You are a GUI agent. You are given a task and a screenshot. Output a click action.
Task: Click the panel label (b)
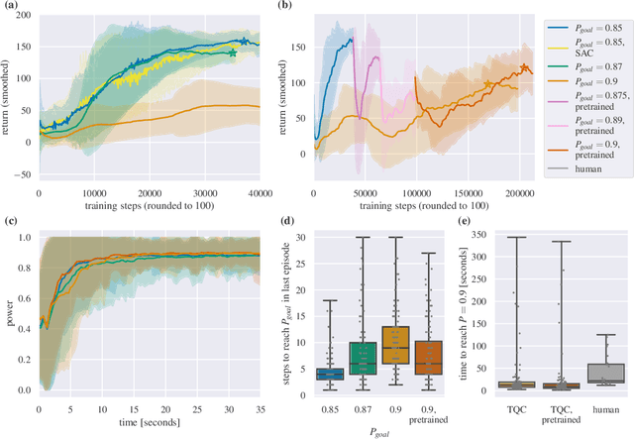tap(286, 8)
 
